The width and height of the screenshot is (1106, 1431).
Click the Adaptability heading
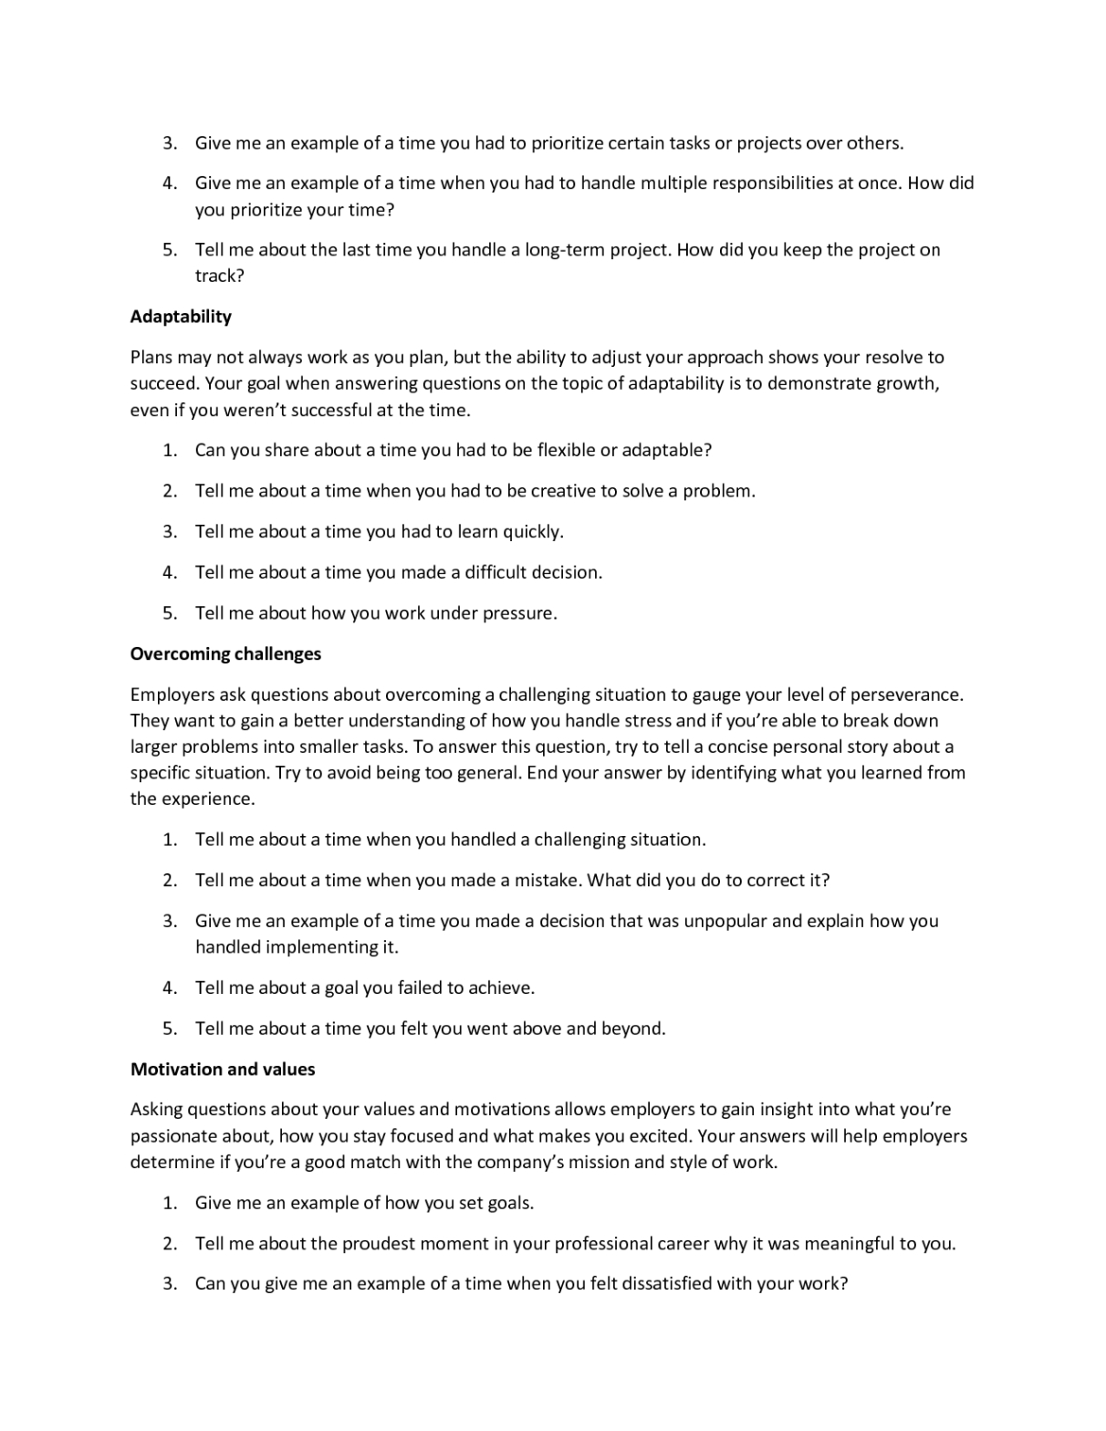coord(181,317)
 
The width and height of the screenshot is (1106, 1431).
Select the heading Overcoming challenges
coord(225,653)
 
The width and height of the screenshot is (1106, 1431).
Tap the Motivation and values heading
coord(223,1069)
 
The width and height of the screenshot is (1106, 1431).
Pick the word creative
coord(563,491)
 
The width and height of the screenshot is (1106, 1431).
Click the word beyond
coord(633,1029)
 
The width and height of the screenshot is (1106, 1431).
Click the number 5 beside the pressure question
coord(169,613)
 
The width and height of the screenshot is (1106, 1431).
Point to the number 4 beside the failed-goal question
coord(169,987)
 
